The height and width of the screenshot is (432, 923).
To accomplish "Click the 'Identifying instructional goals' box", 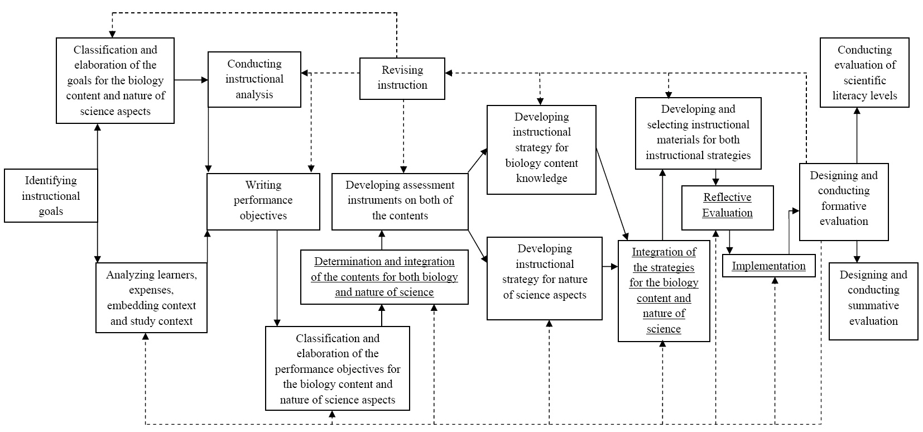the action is click(51, 195).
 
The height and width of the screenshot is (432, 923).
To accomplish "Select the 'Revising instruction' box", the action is click(402, 78).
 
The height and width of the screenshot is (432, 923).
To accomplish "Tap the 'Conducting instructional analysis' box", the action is click(254, 79).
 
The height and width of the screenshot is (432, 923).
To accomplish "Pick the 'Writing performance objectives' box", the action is click(263, 201).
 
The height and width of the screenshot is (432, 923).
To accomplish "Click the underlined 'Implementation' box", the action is click(769, 266).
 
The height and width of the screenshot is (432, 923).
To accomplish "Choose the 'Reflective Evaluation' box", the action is click(727, 207).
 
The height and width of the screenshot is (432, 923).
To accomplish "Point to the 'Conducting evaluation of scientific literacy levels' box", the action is click(864, 73).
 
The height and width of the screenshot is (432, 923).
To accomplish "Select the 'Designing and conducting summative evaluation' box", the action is click(873, 301).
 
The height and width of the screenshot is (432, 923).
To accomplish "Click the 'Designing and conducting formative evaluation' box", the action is click(844, 202).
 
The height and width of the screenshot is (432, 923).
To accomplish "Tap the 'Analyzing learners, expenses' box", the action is click(151, 297).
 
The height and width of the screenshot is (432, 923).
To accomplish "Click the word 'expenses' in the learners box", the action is click(151, 290).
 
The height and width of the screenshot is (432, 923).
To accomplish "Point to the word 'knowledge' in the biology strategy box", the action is click(541, 178).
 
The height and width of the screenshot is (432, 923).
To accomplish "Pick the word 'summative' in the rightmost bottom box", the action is click(873, 305).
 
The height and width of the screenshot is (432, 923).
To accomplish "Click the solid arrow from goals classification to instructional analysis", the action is click(191, 80).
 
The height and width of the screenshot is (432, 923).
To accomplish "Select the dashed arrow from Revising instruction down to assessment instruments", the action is click(403, 136).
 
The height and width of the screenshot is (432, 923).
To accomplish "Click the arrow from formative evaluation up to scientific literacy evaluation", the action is click(857, 136).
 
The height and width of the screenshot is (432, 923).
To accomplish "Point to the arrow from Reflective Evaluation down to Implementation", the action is click(729, 242).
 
